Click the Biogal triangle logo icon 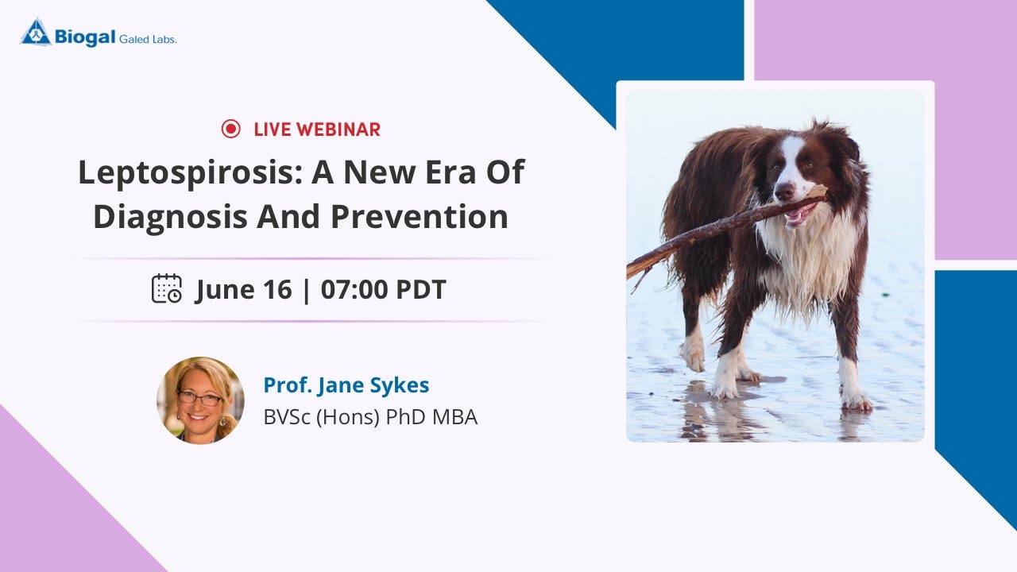[36, 32]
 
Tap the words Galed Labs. [148, 38]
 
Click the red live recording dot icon [230, 129]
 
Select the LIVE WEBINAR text [317, 129]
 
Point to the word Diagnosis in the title [168, 217]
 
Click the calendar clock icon [167, 288]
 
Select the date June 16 [244, 289]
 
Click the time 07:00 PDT [384, 289]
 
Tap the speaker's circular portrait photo [200, 400]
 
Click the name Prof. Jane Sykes [346, 385]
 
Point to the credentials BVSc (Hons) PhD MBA [370, 417]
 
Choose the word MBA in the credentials [454, 417]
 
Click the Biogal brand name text [85, 36]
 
